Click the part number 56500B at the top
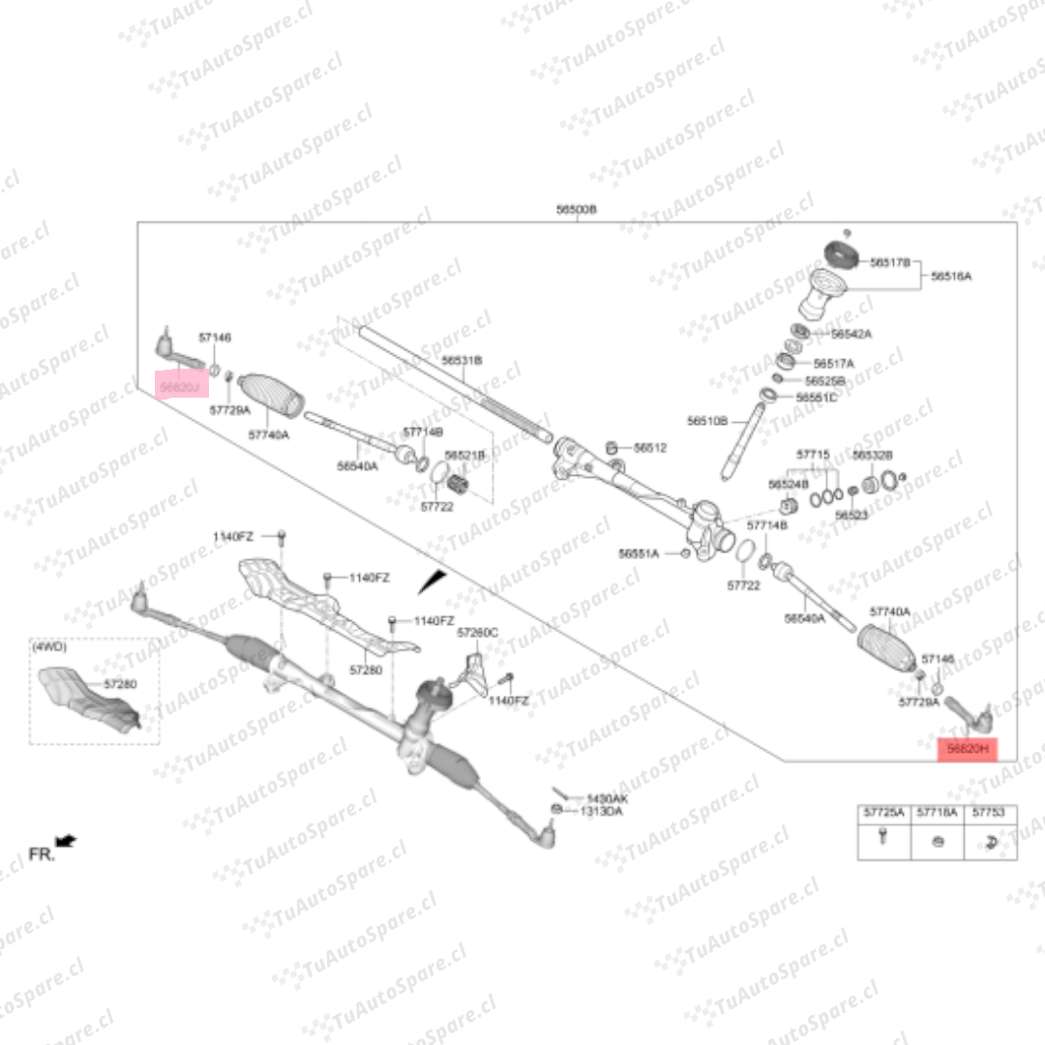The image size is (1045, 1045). tap(576, 210)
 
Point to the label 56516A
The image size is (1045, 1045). tap(951, 277)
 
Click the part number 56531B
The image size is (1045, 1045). tap(462, 360)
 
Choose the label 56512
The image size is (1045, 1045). tap(650, 448)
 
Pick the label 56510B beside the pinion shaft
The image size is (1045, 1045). tap(707, 421)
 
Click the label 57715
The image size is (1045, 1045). tap(813, 454)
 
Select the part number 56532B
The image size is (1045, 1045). tap(872, 455)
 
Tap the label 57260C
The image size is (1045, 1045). tap(477, 632)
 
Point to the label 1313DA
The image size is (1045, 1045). tap(601, 812)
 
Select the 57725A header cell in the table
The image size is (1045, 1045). tap(883, 814)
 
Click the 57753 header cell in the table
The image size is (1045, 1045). tap(988, 814)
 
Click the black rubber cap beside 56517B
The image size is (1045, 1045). tap(842, 255)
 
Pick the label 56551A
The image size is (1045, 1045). tap(639, 554)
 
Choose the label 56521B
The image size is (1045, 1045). tap(464, 455)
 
